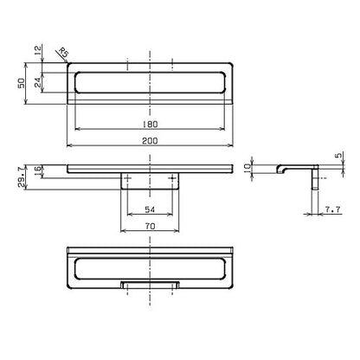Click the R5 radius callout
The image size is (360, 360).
tap(63, 53)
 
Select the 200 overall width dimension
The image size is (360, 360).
tap(150, 141)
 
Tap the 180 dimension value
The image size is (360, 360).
tap(150, 125)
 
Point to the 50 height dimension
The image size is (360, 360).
tap(22, 83)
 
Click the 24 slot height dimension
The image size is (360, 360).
tap(38, 82)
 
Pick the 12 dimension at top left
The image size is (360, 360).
tap(38, 51)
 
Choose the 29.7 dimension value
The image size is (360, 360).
tap(22, 177)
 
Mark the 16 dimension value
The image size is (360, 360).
tap(38, 171)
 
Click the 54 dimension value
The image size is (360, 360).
tap(150, 209)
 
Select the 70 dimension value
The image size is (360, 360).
tap(150, 227)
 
